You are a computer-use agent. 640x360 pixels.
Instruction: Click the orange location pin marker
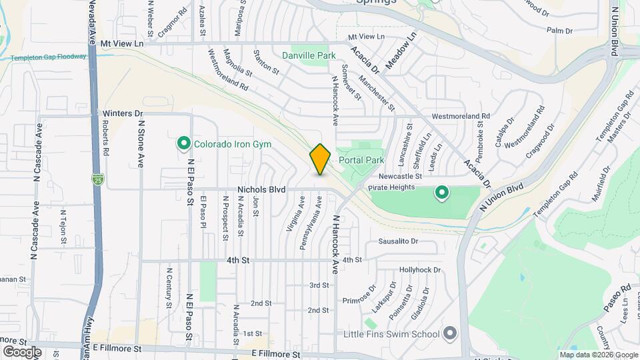click(x=320, y=159)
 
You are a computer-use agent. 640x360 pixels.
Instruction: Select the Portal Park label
click(x=361, y=160)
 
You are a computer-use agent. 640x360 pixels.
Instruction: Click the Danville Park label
click(x=309, y=56)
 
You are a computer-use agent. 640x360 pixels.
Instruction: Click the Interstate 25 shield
click(x=98, y=179)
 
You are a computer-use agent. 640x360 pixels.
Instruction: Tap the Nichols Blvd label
click(x=263, y=190)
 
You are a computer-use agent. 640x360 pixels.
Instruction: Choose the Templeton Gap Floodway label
click(x=48, y=57)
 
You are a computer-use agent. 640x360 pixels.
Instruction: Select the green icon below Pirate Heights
click(x=441, y=194)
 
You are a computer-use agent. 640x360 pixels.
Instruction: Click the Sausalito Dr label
click(x=398, y=241)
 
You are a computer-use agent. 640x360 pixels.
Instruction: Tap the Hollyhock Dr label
click(x=420, y=270)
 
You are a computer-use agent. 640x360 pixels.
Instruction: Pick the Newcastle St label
click(x=401, y=177)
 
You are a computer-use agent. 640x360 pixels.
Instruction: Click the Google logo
click(x=22, y=351)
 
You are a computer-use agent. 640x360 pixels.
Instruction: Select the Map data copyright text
click(x=598, y=355)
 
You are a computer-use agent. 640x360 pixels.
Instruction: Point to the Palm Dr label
click(x=559, y=31)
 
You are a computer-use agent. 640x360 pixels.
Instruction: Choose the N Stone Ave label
click(x=141, y=143)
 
